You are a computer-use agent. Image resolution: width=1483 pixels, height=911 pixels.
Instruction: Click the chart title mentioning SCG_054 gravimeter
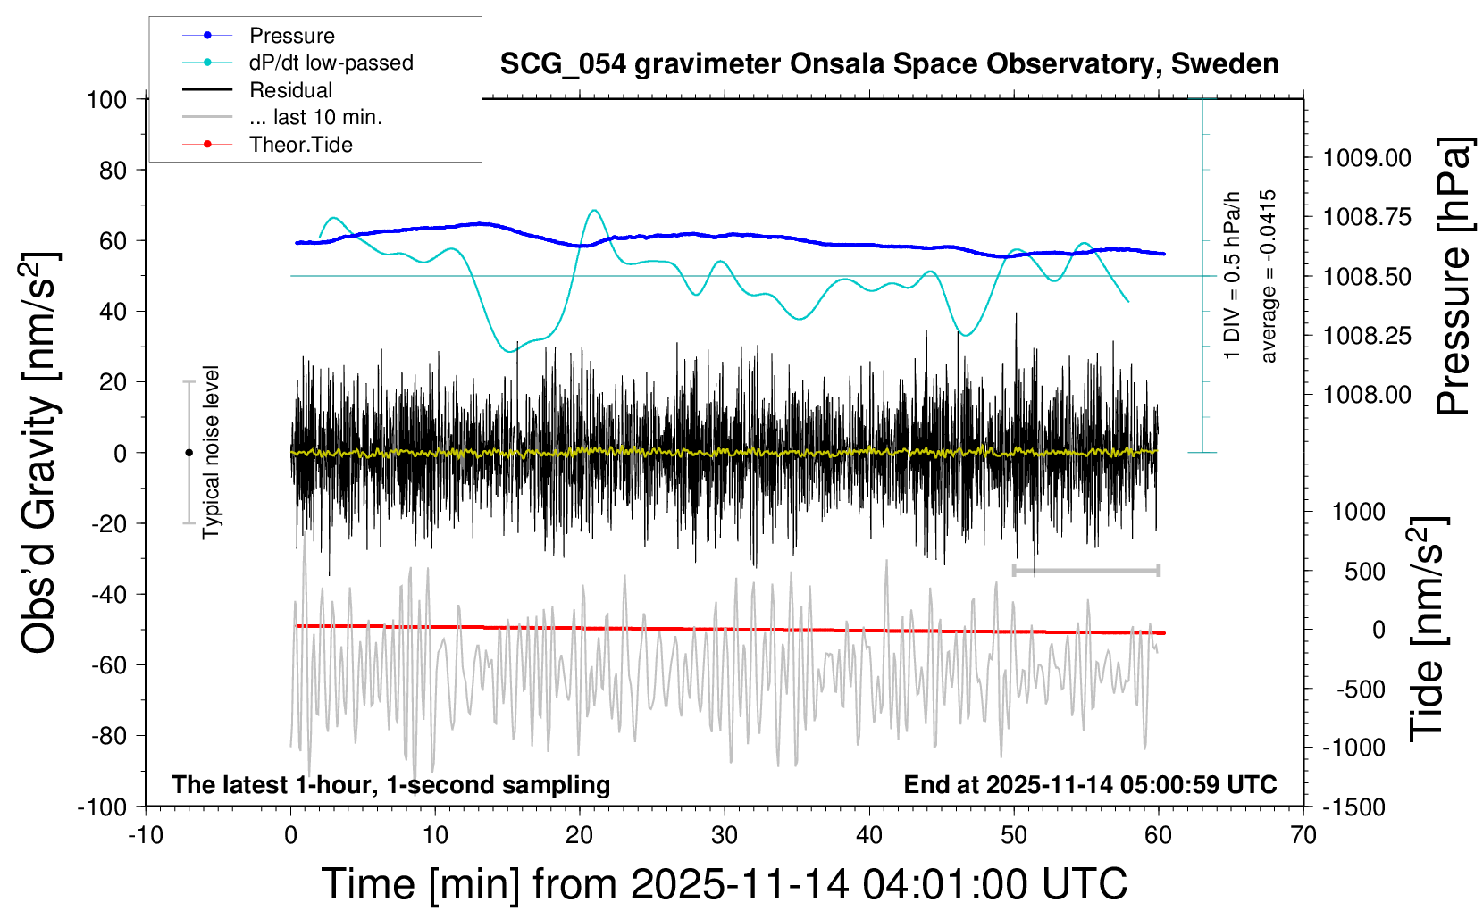tap(889, 64)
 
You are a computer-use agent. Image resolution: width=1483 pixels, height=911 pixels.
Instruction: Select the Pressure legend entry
tap(291, 36)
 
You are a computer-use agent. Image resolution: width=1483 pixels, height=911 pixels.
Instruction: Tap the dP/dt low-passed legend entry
tap(331, 63)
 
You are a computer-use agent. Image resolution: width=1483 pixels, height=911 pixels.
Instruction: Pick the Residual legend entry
tap(290, 90)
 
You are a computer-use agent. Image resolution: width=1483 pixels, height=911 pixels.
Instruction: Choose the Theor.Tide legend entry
tap(300, 145)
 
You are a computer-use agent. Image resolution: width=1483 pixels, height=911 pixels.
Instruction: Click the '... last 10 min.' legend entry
tap(315, 117)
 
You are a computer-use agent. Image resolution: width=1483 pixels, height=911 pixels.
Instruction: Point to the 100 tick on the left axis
tap(106, 99)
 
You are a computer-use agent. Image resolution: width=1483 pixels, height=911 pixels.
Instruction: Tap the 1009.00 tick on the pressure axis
tap(1367, 158)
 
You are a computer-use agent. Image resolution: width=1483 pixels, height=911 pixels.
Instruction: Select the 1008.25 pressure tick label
tap(1367, 336)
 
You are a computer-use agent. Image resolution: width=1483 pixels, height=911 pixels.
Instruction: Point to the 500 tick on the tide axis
tap(1364, 572)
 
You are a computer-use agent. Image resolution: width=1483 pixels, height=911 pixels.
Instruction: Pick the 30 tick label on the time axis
tap(725, 836)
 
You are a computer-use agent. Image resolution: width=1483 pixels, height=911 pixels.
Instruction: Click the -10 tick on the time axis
tap(146, 836)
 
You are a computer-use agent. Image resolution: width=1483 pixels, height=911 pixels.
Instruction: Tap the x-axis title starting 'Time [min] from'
tap(724, 884)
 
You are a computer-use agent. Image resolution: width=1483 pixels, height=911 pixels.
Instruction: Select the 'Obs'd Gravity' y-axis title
tap(39, 453)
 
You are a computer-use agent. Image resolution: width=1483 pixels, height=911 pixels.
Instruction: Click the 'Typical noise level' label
tap(211, 453)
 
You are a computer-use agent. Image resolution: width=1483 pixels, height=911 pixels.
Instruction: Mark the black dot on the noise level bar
tap(189, 453)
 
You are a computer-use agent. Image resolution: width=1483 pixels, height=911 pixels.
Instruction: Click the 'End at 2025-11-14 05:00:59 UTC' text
tap(1090, 785)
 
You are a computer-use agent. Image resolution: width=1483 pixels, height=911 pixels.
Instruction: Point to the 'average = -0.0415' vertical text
tap(1268, 276)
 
